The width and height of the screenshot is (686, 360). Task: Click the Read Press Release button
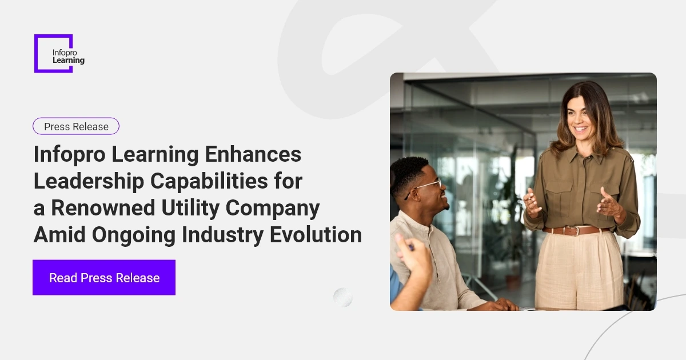[x=104, y=278]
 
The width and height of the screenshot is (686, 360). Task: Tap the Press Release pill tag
[x=76, y=126]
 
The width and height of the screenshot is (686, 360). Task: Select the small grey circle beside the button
[x=343, y=297]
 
